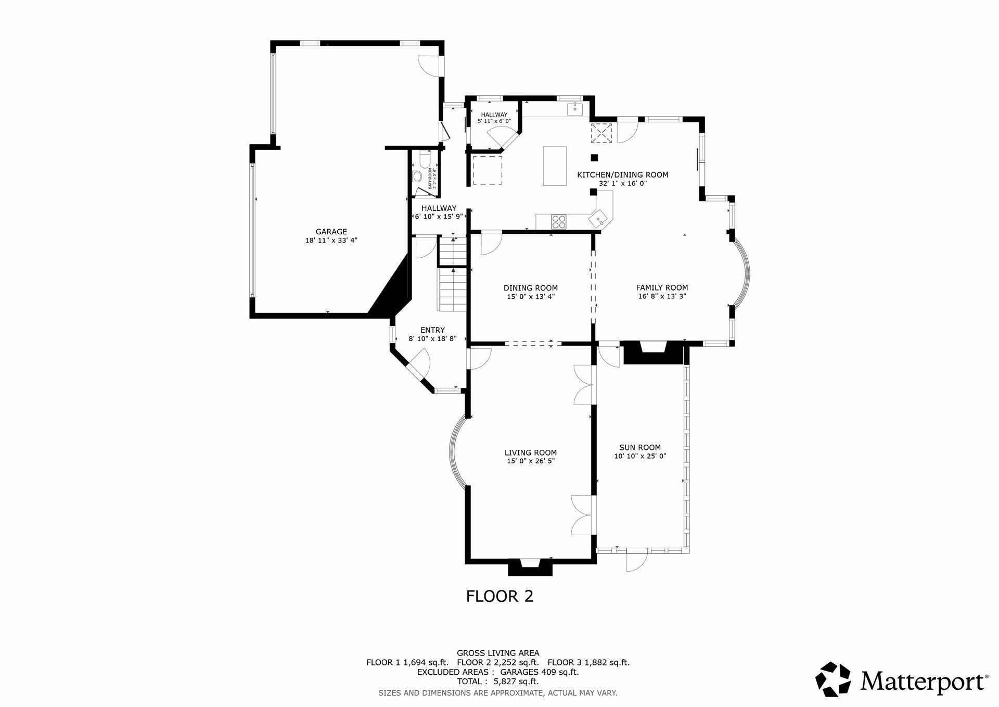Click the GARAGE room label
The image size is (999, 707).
(x=331, y=232)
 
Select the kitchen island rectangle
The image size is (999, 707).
(x=555, y=166)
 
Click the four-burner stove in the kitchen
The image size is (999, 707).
(x=559, y=221)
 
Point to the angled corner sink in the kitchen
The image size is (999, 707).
(x=599, y=217)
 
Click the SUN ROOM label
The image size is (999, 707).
(x=640, y=447)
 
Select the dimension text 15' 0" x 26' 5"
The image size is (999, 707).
(x=530, y=461)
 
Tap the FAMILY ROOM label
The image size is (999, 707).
(x=662, y=287)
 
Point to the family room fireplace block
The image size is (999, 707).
(x=652, y=352)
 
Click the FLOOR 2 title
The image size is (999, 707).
(x=499, y=596)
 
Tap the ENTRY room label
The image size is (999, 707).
(x=432, y=330)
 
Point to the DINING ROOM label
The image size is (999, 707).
(x=530, y=288)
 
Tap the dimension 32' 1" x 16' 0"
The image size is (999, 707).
(x=622, y=183)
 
